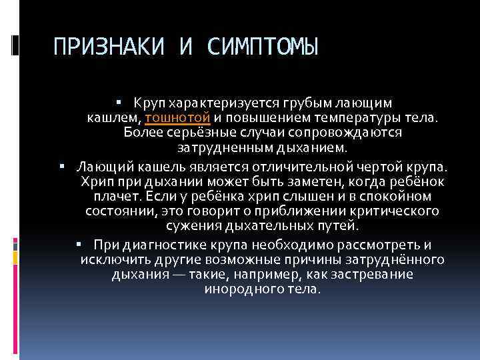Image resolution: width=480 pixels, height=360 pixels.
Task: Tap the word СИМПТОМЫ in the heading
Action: pos(263,47)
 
